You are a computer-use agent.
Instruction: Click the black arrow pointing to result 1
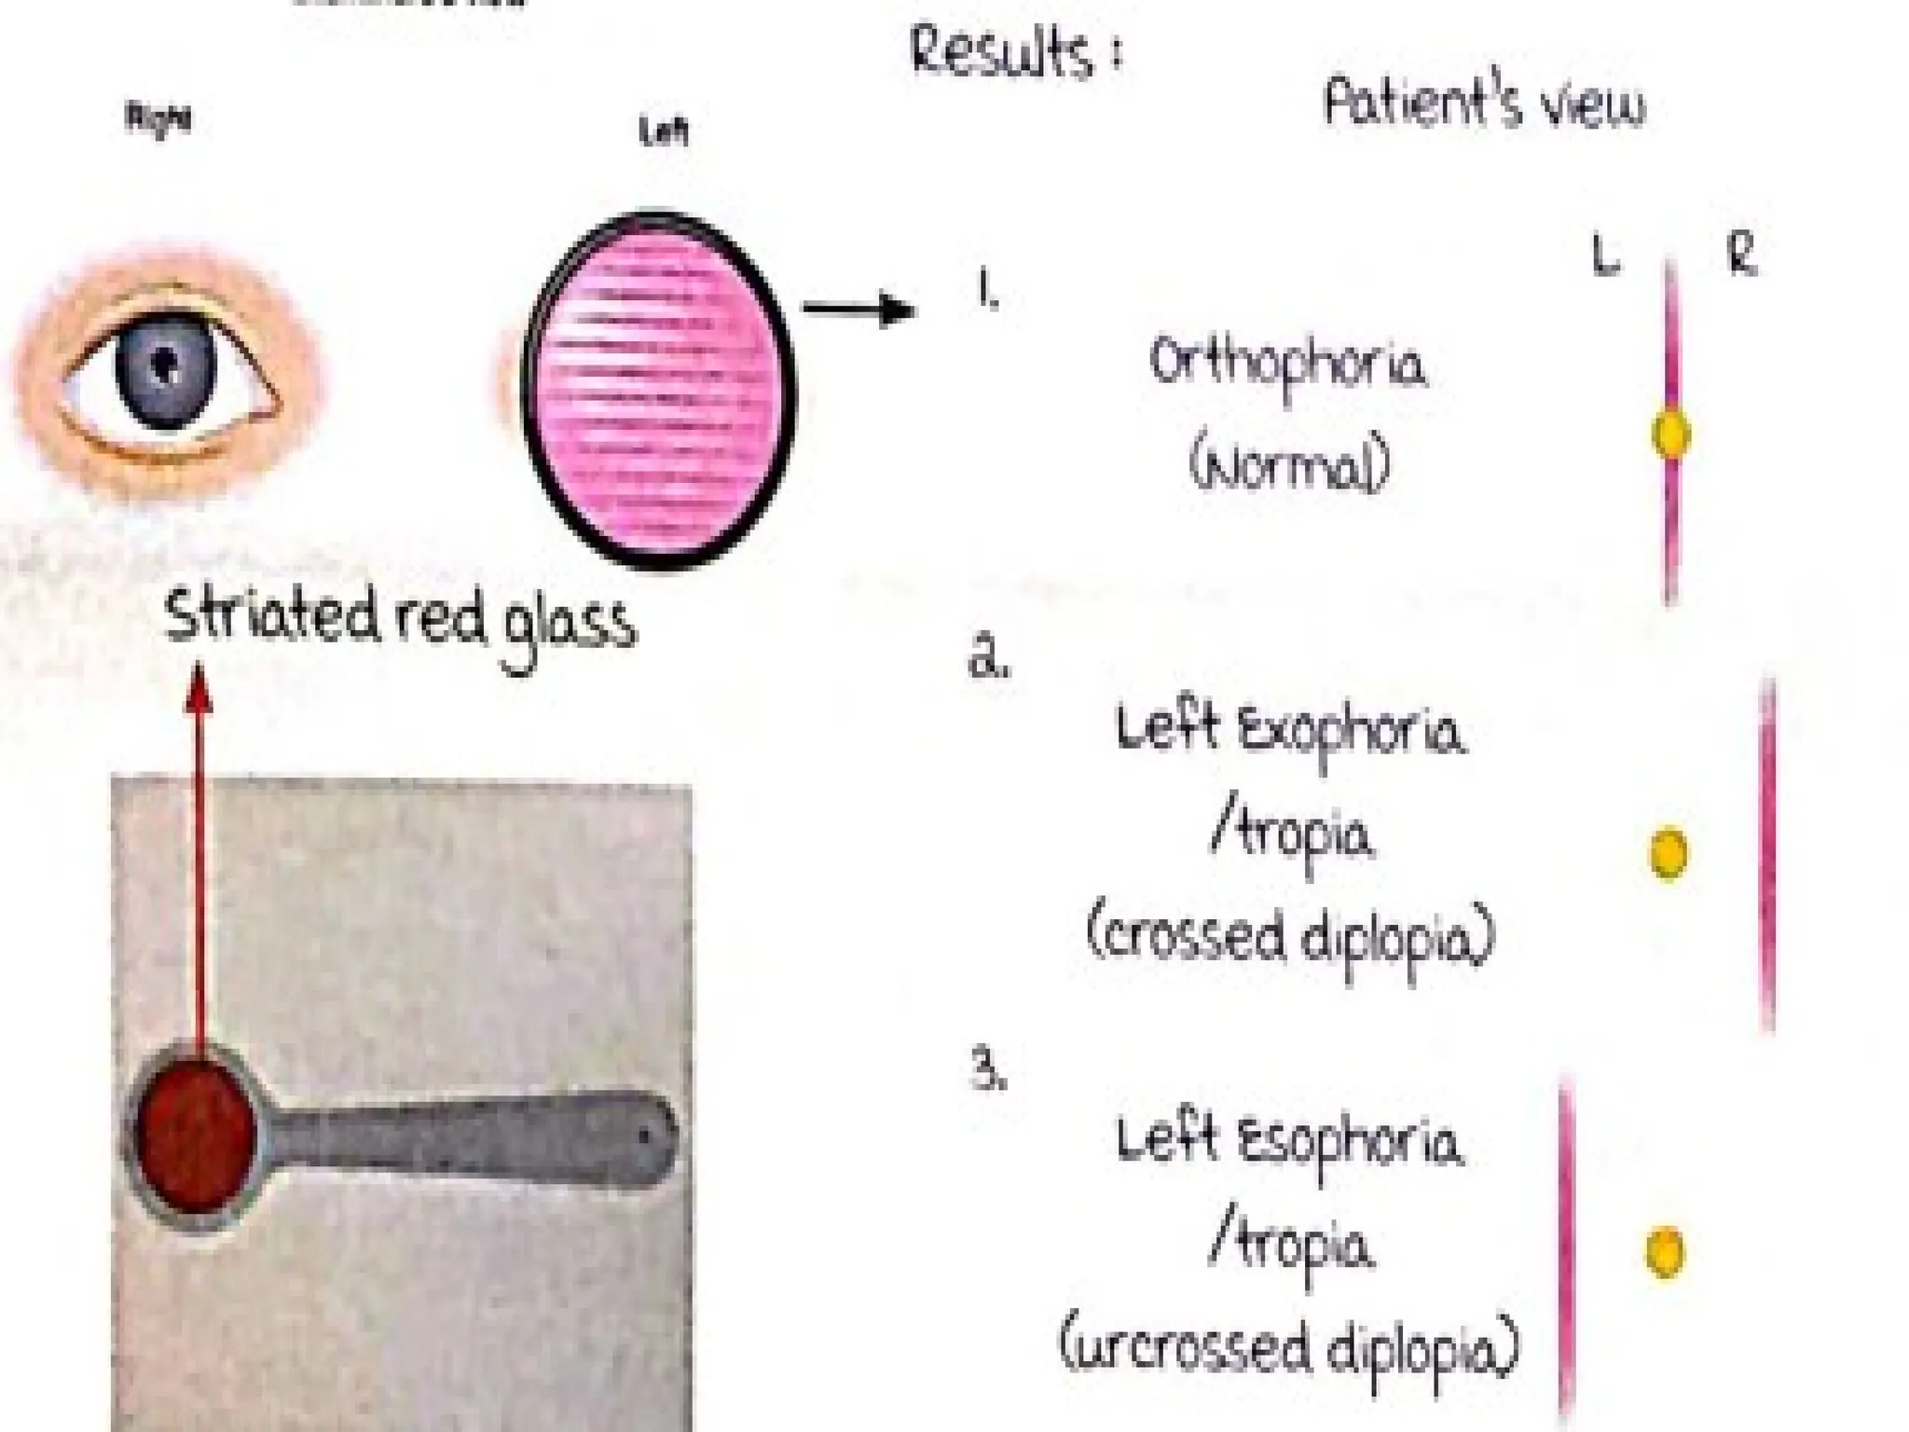[858, 310]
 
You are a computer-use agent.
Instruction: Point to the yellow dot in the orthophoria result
[1670, 434]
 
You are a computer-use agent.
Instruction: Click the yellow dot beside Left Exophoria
[1668, 852]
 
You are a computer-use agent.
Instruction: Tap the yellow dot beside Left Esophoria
[1664, 1251]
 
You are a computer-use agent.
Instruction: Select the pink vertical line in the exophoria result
[1766, 853]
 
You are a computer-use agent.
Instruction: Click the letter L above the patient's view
[1605, 256]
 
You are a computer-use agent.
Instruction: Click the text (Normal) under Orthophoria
[1288, 467]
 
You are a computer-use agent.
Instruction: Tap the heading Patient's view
[1484, 104]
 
